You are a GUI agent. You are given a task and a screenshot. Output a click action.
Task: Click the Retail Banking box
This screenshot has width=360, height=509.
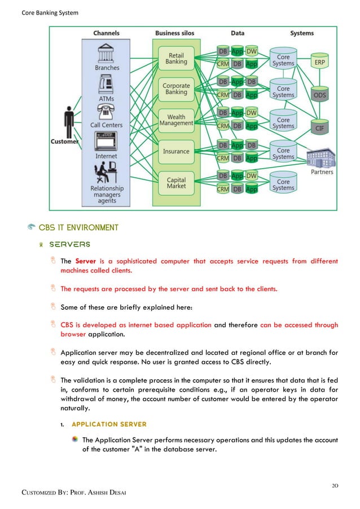click(x=176, y=59)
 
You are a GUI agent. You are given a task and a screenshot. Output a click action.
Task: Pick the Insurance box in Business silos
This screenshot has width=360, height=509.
click(x=176, y=151)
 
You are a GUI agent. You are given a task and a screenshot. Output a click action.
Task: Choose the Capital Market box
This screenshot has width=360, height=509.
click(x=176, y=182)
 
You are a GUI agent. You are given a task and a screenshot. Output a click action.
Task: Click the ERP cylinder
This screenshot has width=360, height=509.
click(x=319, y=63)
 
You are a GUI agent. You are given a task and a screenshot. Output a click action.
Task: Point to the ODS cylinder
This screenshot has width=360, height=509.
click(x=319, y=95)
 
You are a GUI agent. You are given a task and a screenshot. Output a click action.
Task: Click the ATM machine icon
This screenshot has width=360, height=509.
click(x=107, y=85)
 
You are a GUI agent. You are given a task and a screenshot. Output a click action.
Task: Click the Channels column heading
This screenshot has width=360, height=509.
click(x=107, y=33)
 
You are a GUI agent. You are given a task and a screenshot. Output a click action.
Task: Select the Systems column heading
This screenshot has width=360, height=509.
click(x=302, y=33)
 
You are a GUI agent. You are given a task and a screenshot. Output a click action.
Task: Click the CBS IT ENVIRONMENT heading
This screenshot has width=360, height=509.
click(x=78, y=227)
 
